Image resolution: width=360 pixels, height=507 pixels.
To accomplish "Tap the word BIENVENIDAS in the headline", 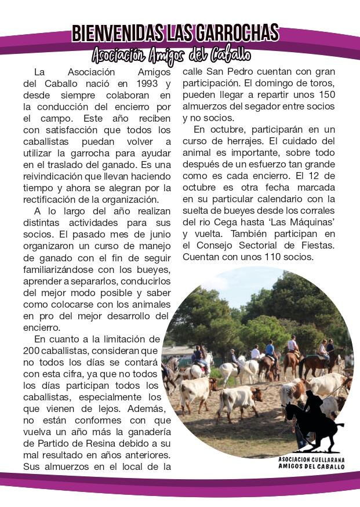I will click(113, 33).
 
